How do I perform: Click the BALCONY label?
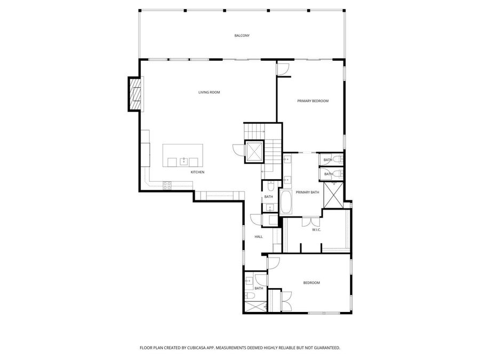pyautogui.click(x=242, y=36)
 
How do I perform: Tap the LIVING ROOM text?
pyautogui.click(x=209, y=92)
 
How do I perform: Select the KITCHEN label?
pyautogui.click(x=197, y=172)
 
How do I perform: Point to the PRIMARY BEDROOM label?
pyautogui.click(x=313, y=101)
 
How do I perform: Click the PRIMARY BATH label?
pyautogui.click(x=307, y=192)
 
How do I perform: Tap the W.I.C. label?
pyautogui.click(x=316, y=230)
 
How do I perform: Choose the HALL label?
pyautogui.click(x=259, y=236)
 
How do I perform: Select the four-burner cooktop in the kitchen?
pyautogui.click(x=167, y=185)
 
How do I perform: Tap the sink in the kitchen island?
pyautogui.click(x=185, y=161)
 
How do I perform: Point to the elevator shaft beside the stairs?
pyautogui.click(x=254, y=150)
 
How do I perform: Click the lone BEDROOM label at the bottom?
pyautogui.click(x=311, y=283)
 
